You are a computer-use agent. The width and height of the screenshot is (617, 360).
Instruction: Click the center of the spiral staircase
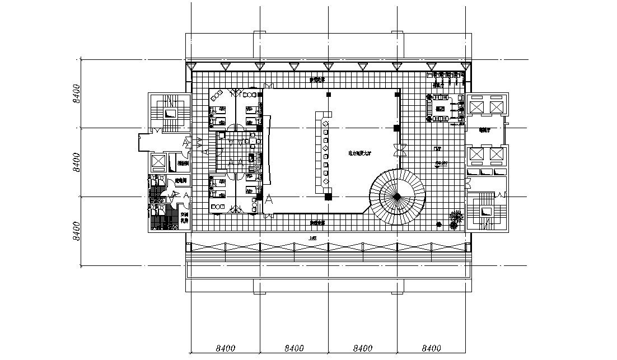397,196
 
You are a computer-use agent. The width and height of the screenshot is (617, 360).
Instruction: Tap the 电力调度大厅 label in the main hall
360,152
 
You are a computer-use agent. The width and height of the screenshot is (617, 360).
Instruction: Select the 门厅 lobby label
438,148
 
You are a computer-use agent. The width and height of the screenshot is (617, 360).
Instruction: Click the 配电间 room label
180,181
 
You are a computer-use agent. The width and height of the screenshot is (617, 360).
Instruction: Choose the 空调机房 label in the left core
183,217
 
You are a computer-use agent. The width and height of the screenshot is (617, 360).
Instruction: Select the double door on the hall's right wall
398,150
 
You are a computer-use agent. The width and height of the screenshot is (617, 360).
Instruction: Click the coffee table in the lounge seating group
440,107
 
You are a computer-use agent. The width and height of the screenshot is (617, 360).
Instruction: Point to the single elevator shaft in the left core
158,162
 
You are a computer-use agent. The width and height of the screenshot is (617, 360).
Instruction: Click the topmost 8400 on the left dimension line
77,93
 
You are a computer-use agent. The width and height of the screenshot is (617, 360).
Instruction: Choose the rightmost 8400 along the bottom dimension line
431,349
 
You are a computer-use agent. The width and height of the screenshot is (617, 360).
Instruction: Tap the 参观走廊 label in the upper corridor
317,80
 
